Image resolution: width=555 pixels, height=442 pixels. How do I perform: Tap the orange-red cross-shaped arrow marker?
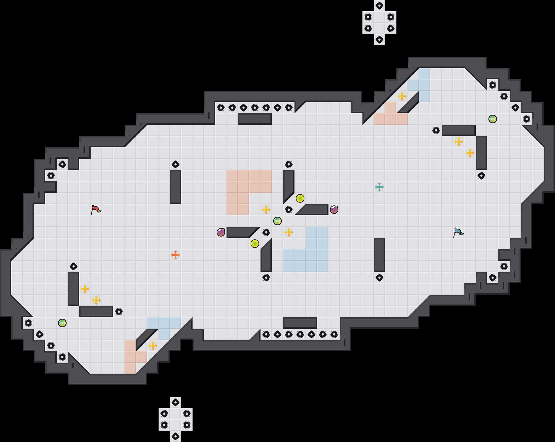click(x=176, y=255)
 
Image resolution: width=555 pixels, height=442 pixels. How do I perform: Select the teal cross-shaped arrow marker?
click(x=379, y=187)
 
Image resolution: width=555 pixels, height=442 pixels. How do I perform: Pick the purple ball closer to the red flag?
click(x=221, y=232)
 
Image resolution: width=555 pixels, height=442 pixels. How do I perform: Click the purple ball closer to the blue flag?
click(x=334, y=210)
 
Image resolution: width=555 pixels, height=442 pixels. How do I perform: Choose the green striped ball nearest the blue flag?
click(x=493, y=119)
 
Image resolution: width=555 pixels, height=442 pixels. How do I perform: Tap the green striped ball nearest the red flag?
click(x=62, y=323)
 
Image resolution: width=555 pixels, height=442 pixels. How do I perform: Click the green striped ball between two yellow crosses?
click(x=277, y=221)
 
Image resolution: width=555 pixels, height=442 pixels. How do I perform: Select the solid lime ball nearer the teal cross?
click(x=300, y=198)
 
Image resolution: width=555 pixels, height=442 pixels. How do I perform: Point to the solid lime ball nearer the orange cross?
click(x=255, y=244)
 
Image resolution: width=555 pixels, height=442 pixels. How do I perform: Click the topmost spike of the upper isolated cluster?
click(x=379, y=6)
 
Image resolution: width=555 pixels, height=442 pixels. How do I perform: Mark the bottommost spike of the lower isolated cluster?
click(x=176, y=436)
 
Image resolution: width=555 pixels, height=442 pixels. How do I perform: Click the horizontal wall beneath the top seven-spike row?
click(x=255, y=119)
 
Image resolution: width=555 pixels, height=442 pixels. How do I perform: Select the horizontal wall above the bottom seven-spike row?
click(x=300, y=323)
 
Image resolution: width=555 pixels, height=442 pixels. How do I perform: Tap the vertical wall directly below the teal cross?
click(x=379, y=255)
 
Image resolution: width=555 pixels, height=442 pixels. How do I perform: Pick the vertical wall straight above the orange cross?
click(x=176, y=187)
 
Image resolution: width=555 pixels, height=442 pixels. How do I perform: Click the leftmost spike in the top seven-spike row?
click(x=221, y=108)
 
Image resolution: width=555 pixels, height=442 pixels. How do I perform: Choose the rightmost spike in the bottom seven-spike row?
click(x=334, y=334)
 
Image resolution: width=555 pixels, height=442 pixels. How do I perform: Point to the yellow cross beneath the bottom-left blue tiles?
click(x=153, y=346)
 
